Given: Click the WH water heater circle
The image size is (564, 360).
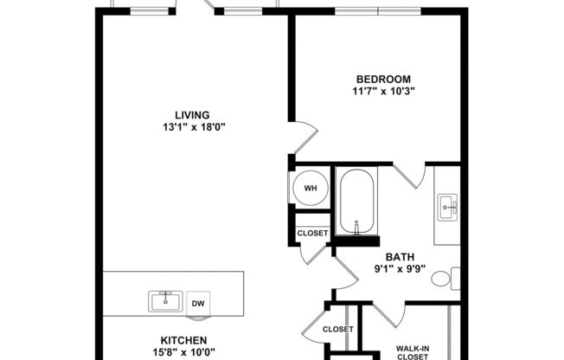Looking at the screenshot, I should pos(310,188).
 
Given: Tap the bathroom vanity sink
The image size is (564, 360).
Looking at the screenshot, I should pos(447,206).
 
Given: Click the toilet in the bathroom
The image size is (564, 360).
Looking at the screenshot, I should pos(445,279).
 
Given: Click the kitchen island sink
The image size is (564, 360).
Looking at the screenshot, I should pos(165,301).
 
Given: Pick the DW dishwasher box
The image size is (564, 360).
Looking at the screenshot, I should pos(198,303).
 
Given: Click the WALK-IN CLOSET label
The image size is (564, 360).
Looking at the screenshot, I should pos(413,352).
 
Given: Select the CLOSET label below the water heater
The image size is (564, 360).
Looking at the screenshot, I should pos(312,233).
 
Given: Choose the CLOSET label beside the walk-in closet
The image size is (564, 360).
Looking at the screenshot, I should pos(337,329).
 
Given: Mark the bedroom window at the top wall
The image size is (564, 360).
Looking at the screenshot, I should pos(378,10).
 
